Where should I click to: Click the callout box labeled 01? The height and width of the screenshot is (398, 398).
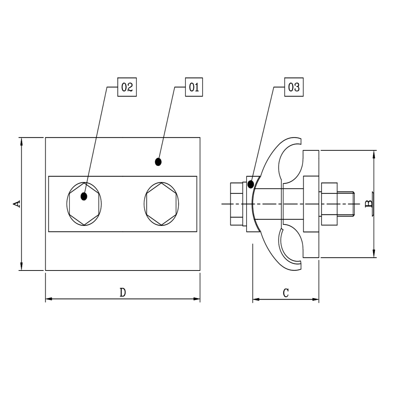[x=194, y=87]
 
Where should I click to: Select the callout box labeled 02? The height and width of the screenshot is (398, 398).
[x=127, y=87]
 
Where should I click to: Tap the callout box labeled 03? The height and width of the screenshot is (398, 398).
[x=294, y=87]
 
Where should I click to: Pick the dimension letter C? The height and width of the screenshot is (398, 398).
[x=286, y=293]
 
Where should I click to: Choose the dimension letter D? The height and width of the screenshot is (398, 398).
[x=123, y=293]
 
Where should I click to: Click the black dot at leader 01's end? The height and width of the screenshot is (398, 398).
[x=158, y=161]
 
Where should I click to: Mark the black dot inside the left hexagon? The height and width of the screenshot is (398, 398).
[x=84, y=196]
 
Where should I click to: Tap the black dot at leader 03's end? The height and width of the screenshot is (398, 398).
[x=251, y=184]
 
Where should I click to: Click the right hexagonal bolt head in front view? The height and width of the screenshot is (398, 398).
[x=161, y=204]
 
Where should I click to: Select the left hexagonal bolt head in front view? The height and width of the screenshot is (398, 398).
[x=84, y=204]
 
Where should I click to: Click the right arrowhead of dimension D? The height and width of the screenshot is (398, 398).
[x=196, y=299]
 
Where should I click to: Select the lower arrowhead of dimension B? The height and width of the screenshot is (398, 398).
[x=374, y=254]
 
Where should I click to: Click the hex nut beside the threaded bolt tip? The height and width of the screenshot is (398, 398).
[x=329, y=203]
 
